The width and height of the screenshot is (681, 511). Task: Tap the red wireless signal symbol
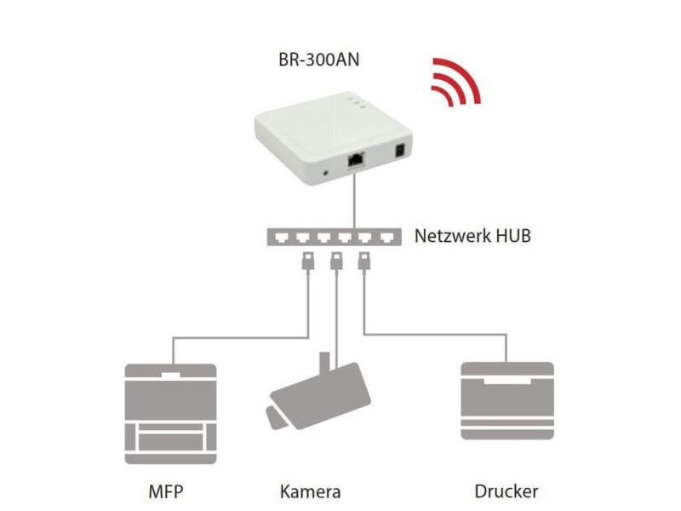[x=453, y=83]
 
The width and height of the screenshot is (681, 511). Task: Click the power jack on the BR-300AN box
[x=398, y=154]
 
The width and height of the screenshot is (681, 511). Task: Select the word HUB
[x=512, y=235]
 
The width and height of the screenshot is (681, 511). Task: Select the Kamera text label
[x=310, y=491]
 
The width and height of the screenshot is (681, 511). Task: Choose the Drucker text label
[x=506, y=491]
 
